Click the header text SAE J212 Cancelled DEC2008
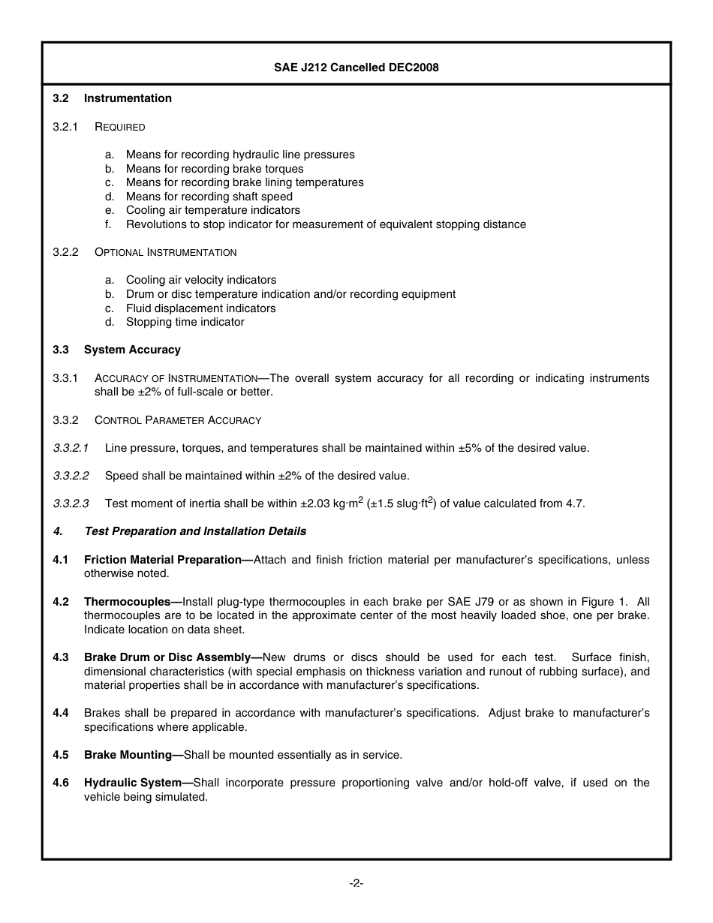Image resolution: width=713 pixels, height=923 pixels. pos(356,68)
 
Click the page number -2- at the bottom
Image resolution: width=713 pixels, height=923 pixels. pos(356,883)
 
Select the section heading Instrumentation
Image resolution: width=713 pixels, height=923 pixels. pos(128,98)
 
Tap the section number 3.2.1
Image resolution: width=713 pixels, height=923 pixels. pos(65,127)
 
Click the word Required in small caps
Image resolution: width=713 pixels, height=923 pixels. pos(120,127)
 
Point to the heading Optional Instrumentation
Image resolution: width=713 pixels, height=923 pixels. pos(165,252)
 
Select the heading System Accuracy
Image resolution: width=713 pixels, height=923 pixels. pos(132,350)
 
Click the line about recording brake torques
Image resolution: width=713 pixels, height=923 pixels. pos(215,169)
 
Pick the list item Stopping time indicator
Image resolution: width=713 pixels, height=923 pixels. pos(185,322)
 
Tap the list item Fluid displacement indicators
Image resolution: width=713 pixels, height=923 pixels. pos(200,308)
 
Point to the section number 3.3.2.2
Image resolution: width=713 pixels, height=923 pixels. pos(71,476)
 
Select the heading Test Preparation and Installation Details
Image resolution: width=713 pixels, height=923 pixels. pos(195,531)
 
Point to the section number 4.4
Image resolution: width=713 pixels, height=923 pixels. pos(61,713)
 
